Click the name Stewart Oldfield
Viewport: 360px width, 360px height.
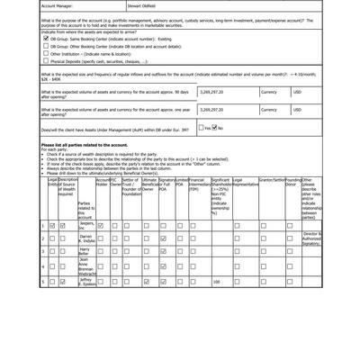pos(142,5)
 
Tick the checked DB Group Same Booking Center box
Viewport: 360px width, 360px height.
pos(45,40)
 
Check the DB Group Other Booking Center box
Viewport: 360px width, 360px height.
pos(45,47)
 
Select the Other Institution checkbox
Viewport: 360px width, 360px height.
pos(45,54)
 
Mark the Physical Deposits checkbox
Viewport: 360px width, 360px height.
pos(45,61)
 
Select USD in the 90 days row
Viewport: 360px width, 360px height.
pos(297,92)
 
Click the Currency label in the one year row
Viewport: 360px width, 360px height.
pos(269,110)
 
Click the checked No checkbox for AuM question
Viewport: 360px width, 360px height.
pos(220,128)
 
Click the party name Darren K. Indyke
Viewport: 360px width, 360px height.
pos(86,238)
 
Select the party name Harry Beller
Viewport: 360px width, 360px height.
pos(85,251)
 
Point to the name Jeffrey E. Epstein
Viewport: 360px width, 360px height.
pos(86,282)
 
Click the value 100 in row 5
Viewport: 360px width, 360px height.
pos(216,283)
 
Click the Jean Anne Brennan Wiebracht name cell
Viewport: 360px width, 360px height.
pos(86,266)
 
